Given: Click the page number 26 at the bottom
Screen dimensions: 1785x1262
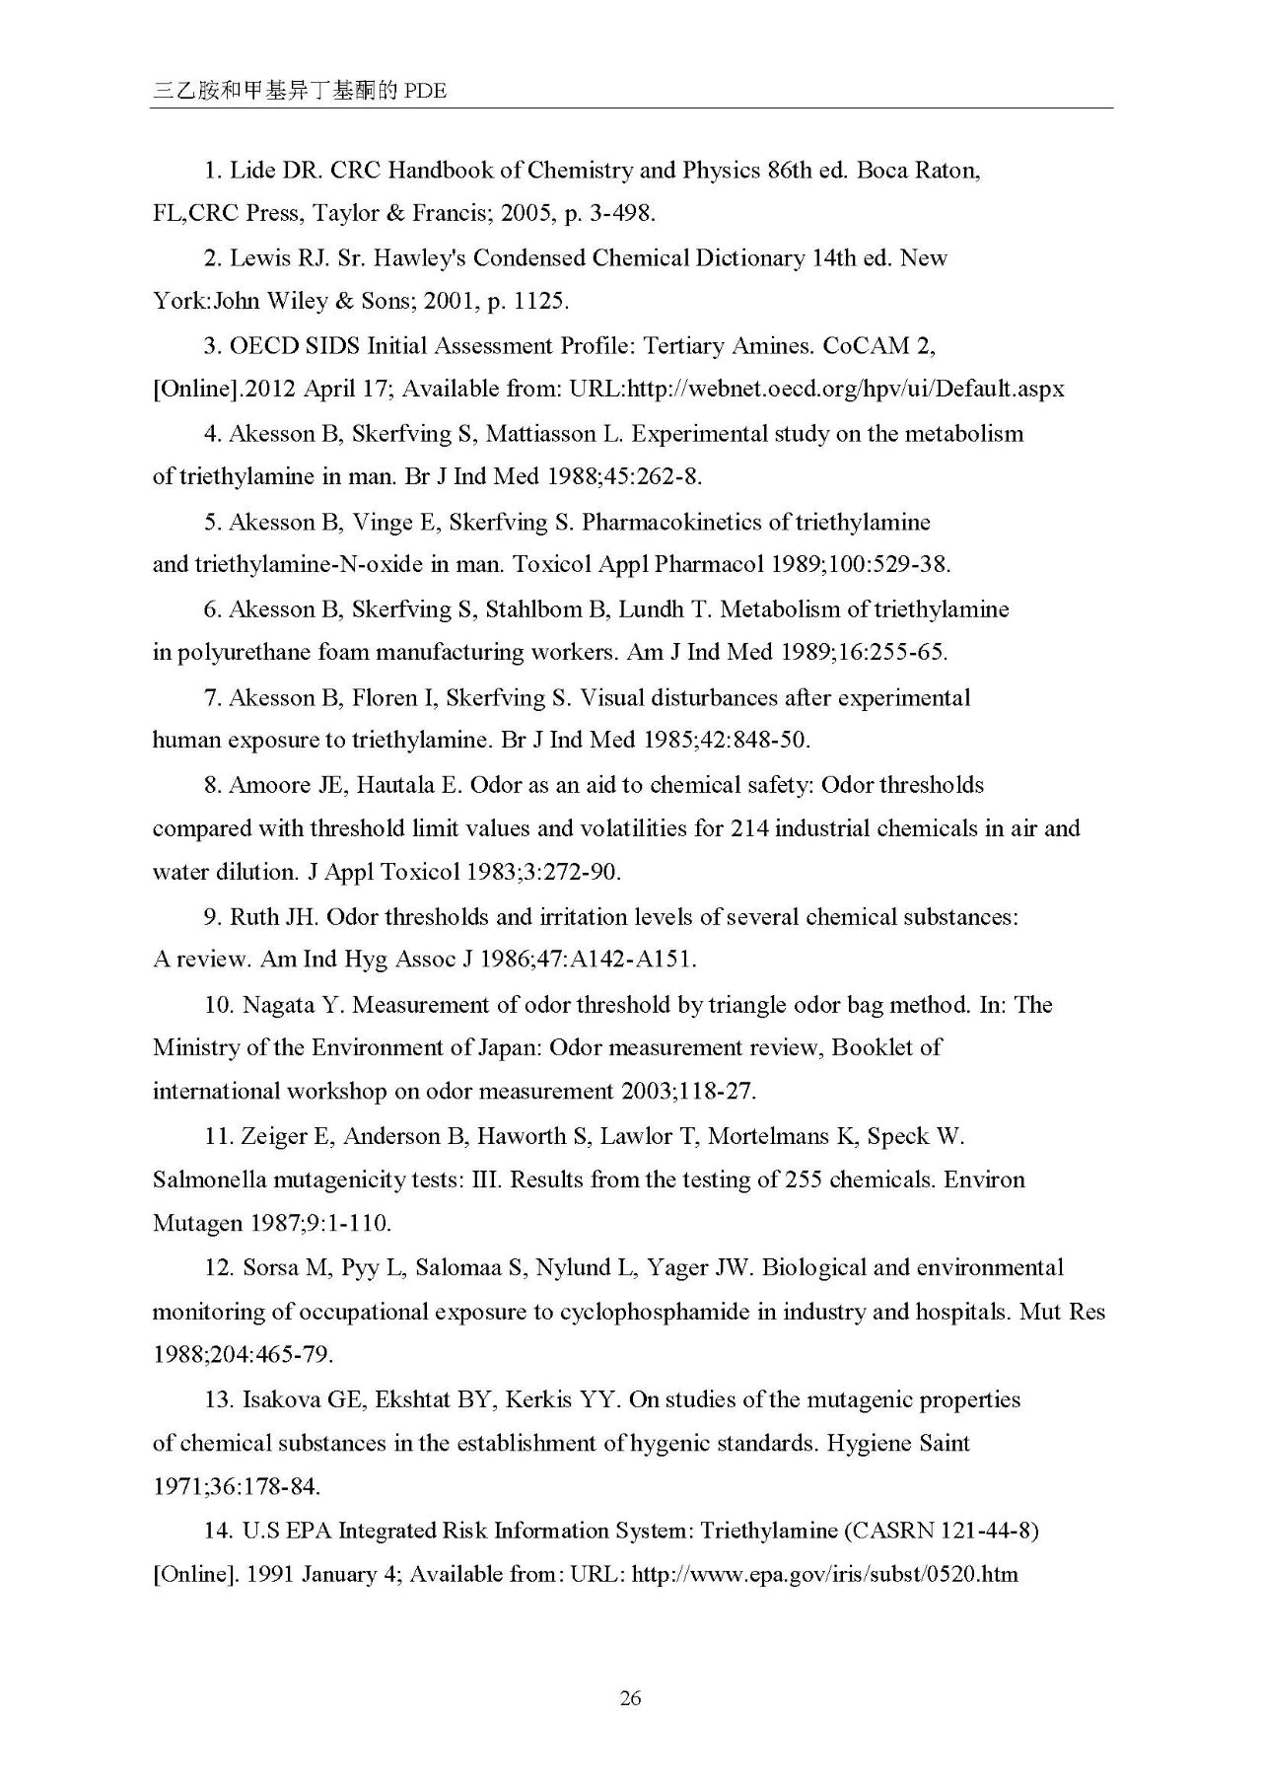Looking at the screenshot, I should tap(631, 1697).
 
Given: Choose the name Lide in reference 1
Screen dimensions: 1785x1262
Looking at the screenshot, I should tap(251, 171).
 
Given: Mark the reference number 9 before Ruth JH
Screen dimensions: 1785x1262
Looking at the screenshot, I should tap(210, 917).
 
